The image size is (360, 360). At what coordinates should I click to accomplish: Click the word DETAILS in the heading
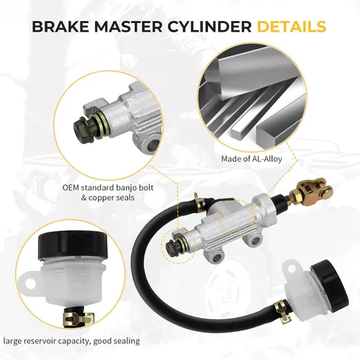coord(292,27)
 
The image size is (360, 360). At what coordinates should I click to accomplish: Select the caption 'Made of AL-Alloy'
coord(251,159)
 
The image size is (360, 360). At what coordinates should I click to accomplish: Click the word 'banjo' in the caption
coord(125,187)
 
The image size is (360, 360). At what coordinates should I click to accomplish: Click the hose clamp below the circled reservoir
coord(78,318)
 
